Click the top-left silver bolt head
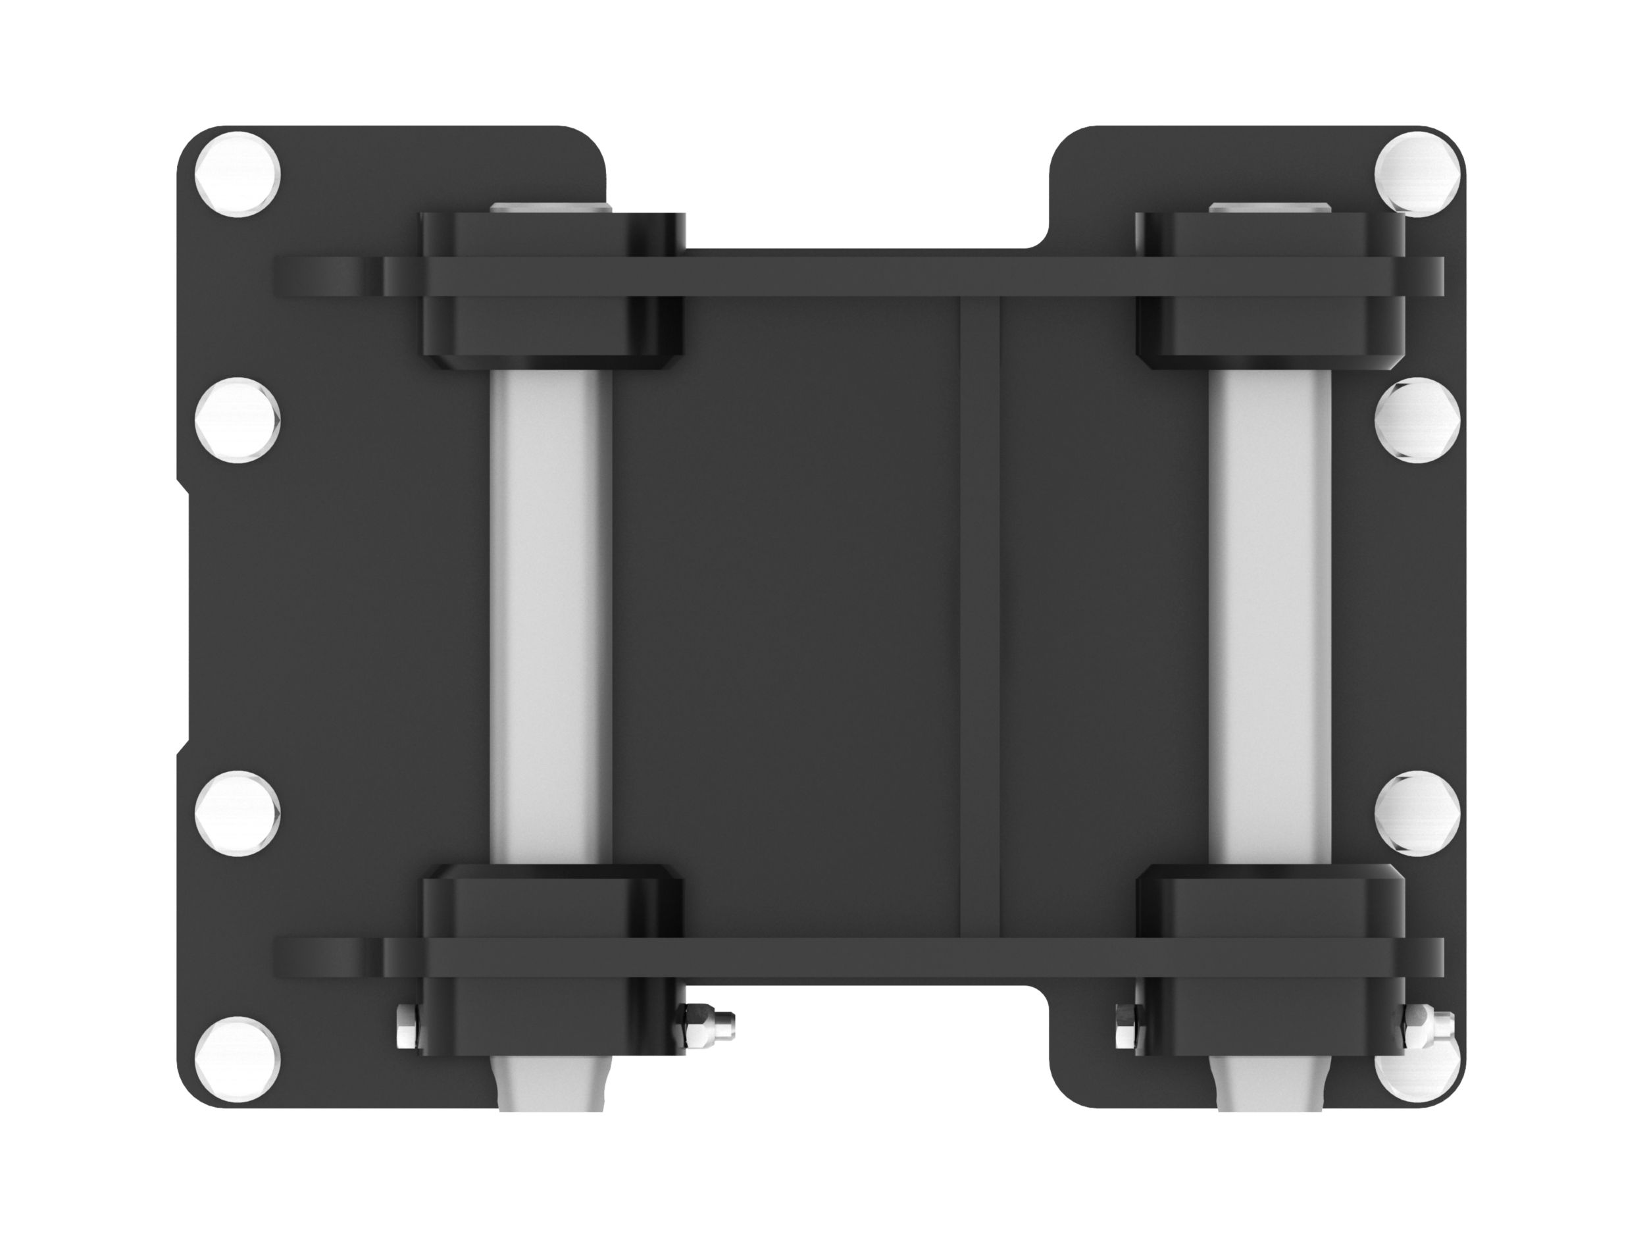pyautogui.click(x=238, y=173)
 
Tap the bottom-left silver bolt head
pyautogui.click(x=238, y=1059)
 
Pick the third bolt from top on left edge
pyautogui.click(x=238, y=813)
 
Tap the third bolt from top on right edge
pyautogui.click(x=1417, y=813)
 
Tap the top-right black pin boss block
pyautogui.click(x=1271, y=327)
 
